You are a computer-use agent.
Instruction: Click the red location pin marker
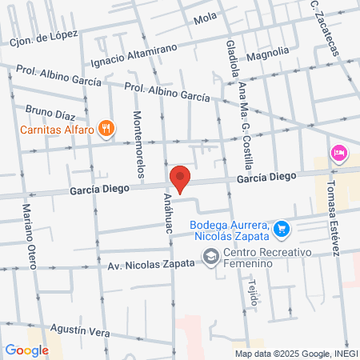(180, 179)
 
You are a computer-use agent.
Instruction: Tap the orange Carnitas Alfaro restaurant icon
(106, 127)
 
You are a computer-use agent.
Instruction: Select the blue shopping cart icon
(281, 230)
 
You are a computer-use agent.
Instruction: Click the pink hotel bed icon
(338, 152)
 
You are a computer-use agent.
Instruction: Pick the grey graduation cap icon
(210, 258)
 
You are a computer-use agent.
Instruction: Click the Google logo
(26, 350)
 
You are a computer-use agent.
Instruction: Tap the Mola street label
(206, 17)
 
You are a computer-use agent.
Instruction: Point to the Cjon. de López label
(43, 37)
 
